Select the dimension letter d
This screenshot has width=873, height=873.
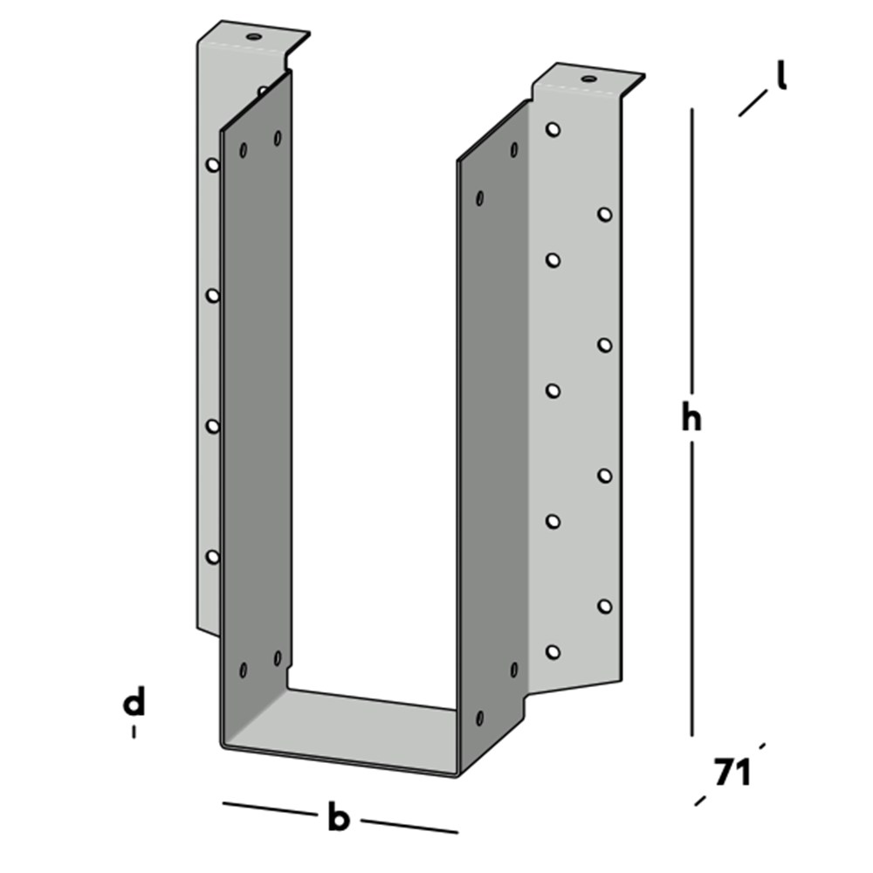tap(134, 701)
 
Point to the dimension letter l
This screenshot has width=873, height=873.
tap(781, 75)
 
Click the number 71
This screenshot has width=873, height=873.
tap(732, 772)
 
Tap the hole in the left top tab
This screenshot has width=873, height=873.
tap(254, 37)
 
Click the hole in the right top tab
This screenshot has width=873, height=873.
tap(588, 79)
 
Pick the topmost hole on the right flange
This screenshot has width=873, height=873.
tap(553, 130)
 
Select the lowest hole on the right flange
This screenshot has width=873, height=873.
tap(553, 652)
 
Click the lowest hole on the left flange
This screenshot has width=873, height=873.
tap(213, 556)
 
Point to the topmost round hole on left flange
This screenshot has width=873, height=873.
tap(213, 165)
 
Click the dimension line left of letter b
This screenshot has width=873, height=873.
tap(270, 809)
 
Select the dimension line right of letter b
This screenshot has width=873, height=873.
tap(409, 826)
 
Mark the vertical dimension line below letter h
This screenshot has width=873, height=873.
tap(692, 588)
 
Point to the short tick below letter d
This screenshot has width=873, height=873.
tap(134, 732)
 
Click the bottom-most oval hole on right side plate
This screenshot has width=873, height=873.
tap(479, 718)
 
